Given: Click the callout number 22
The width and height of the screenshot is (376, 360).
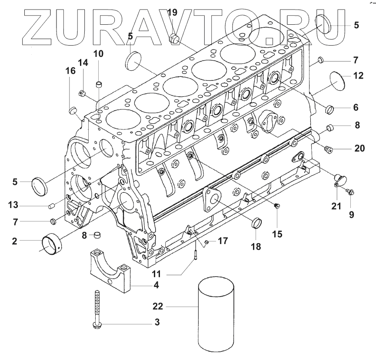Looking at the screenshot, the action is click(157, 307).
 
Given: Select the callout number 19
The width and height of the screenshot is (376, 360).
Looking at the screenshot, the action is click(173, 12).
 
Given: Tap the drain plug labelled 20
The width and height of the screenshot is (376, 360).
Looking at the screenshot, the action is click(329, 150).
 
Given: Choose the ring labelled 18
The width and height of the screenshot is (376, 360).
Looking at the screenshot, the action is click(256, 223).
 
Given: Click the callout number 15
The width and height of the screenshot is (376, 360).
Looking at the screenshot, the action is click(276, 234).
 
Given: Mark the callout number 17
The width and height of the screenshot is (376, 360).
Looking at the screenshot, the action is click(223, 240).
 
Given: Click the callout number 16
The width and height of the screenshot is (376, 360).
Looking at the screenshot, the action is click(70, 71).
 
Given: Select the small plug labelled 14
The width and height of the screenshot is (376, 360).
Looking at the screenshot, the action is click(81, 92).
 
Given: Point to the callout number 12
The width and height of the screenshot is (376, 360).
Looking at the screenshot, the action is click(358, 76).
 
